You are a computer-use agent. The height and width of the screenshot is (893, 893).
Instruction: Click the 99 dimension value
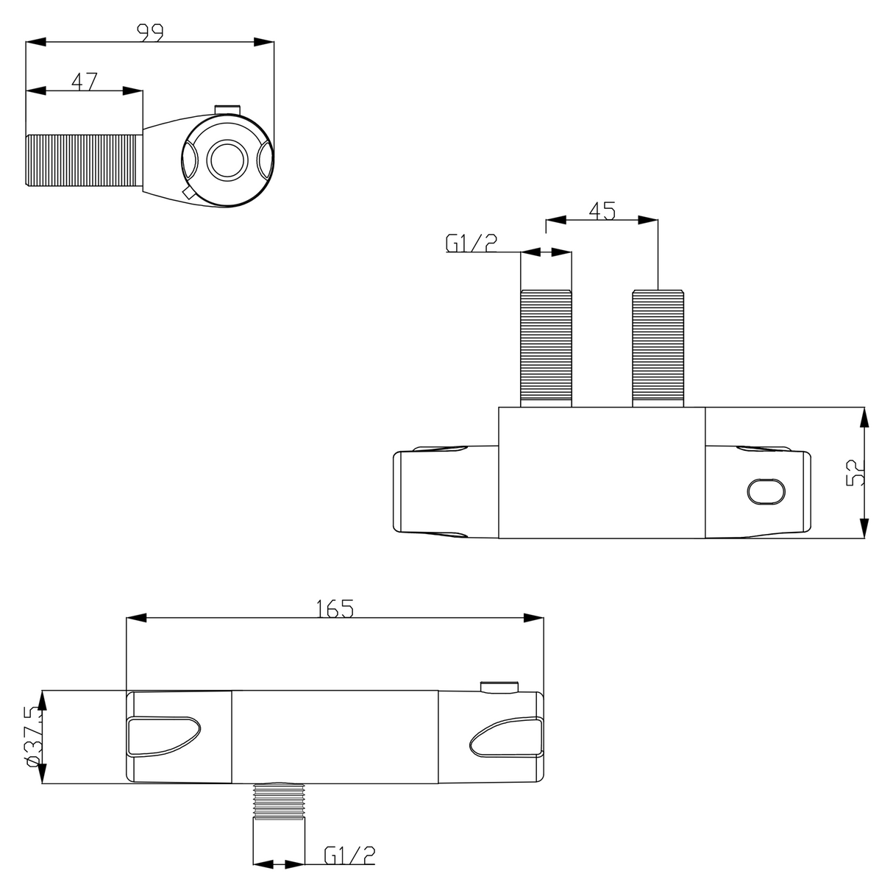[150, 32]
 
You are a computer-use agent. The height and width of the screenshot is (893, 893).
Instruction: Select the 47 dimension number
[84, 80]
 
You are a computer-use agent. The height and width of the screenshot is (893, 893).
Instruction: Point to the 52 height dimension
[855, 472]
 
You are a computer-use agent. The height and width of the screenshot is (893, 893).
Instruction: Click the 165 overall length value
[335, 608]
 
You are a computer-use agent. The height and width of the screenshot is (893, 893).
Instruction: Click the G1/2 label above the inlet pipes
[471, 243]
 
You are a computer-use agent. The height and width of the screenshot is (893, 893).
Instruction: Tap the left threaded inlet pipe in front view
[546, 347]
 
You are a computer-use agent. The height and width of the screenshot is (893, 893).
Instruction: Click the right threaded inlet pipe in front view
[658, 347]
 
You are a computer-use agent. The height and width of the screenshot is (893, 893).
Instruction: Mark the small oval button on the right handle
[765, 491]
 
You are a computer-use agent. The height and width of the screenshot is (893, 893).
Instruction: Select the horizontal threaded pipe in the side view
[84, 160]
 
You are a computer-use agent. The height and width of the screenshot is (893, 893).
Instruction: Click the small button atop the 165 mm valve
[499, 687]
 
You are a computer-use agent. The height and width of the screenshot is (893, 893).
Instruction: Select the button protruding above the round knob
[228, 110]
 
